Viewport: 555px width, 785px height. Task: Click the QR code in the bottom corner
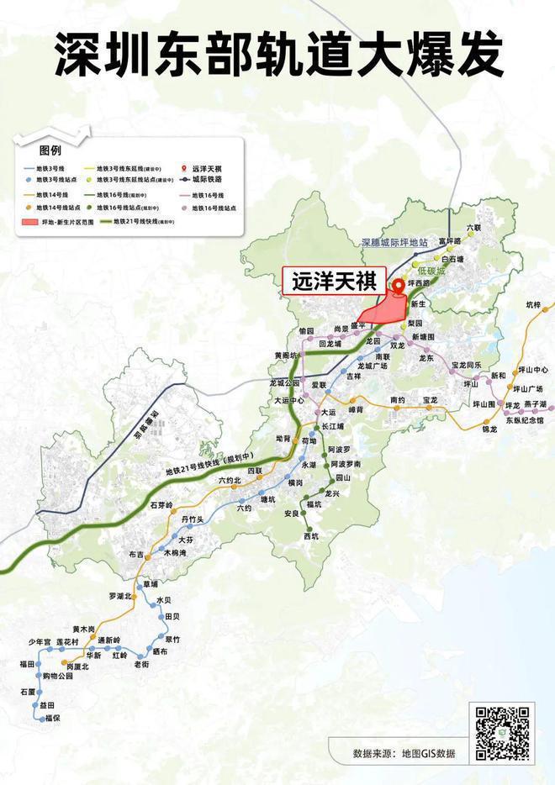504,733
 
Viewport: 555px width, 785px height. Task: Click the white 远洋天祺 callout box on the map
333,282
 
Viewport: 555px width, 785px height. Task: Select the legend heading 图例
50,150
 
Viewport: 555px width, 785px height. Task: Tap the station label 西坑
311,535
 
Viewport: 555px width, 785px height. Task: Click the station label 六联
474,228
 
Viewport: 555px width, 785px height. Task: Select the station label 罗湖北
121,596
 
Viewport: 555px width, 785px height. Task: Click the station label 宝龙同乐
466,365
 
